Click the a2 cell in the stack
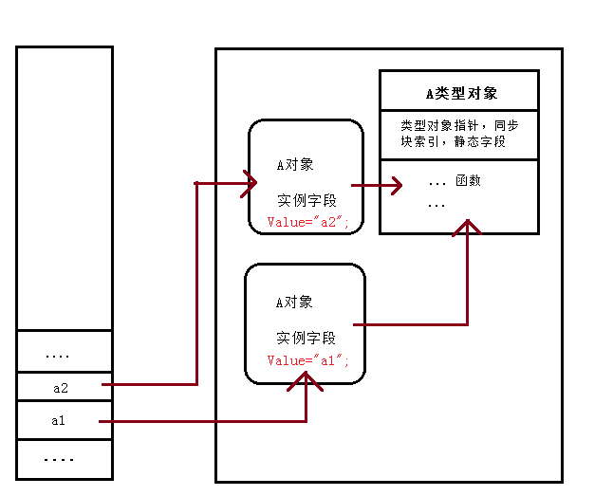pyautogui.click(x=61, y=387)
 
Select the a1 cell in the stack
pyautogui.click(x=58, y=420)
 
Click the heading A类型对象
pyautogui.click(x=460, y=93)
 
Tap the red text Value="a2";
pyautogui.click(x=307, y=222)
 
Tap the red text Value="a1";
pyautogui.click(x=307, y=360)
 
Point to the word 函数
pyautogui.click(x=468, y=180)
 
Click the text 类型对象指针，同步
pyautogui.click(x=459, y=125)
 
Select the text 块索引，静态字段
pyautogui.click(x=453, y=141)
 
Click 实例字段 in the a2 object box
pyautogui.click(x=306, y=201)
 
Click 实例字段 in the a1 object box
pyautogui.click(x=306, y=338)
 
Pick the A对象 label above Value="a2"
pyautogui.click(x=294, y=164)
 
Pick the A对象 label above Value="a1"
pyautogui.click(x=294, y=303)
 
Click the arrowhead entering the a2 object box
pyautogui.click(x=251, y=181)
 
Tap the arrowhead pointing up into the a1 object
pyautogui.click(x=305, y=379)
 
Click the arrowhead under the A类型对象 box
pyautogui.click(x=467, y=228)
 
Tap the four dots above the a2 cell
pyautogui.click(x=58, y=356)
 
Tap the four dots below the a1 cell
pyautogui.click(x=59, y=459)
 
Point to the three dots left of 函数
pyautogui.click(x=437, y=182)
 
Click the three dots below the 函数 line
pyautogui.click(x=437, y=205)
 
